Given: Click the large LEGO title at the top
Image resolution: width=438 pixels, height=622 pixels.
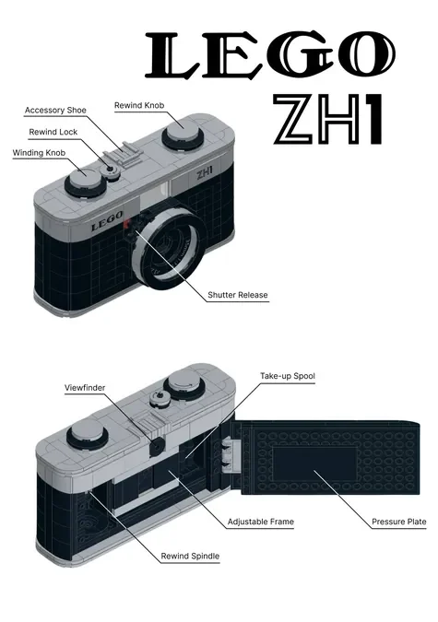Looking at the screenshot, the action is click(x=270, y=55).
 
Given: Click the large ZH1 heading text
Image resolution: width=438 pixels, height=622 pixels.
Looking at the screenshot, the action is click(x=328, y=119).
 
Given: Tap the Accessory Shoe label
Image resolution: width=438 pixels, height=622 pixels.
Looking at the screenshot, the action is click(x=55, y=111).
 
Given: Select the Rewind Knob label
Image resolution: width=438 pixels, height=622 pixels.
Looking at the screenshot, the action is click(x=139, y=106).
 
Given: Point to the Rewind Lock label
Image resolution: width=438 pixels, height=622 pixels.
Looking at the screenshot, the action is click(x=53, y=132).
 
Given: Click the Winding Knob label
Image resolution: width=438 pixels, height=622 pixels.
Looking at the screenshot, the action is click(x=39, y=153).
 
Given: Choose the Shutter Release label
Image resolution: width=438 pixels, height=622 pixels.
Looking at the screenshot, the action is click(x=238, y=295).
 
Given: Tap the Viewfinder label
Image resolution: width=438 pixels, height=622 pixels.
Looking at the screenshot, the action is click(x=85, y=388).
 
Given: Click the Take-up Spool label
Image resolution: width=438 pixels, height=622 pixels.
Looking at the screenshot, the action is click(x=288, y=376).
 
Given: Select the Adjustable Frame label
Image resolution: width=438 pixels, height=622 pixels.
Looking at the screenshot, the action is click(x=261, y=522).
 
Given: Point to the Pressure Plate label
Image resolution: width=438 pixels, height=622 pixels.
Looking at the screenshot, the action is click(x=398, y=522).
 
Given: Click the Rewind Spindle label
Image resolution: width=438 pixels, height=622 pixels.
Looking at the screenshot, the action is click(x=190, y=557).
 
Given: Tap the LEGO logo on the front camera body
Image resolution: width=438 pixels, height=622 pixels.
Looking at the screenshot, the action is click(x=106, y=221).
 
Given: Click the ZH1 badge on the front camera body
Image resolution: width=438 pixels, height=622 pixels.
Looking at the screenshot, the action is click(x=205, y=172).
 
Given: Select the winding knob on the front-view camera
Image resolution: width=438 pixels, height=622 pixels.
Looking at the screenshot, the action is click(x=85, y=182).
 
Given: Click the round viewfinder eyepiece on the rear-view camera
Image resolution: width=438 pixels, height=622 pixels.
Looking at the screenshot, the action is click(x=157, y=447).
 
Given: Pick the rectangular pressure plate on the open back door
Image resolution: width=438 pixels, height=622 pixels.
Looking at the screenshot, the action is click(x=314, y=463).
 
